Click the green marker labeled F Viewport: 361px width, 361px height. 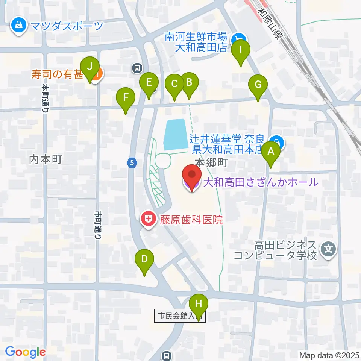point(126,98)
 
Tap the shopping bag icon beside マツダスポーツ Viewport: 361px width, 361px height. point(18,26)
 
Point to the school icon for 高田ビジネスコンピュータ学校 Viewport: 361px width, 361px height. point(328,248)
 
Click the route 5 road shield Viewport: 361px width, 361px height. point(132,163)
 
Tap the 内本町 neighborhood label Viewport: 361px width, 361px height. point(45,159)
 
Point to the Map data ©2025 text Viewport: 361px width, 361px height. point(329,355)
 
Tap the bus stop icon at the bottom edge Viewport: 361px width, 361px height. point(167,355)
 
